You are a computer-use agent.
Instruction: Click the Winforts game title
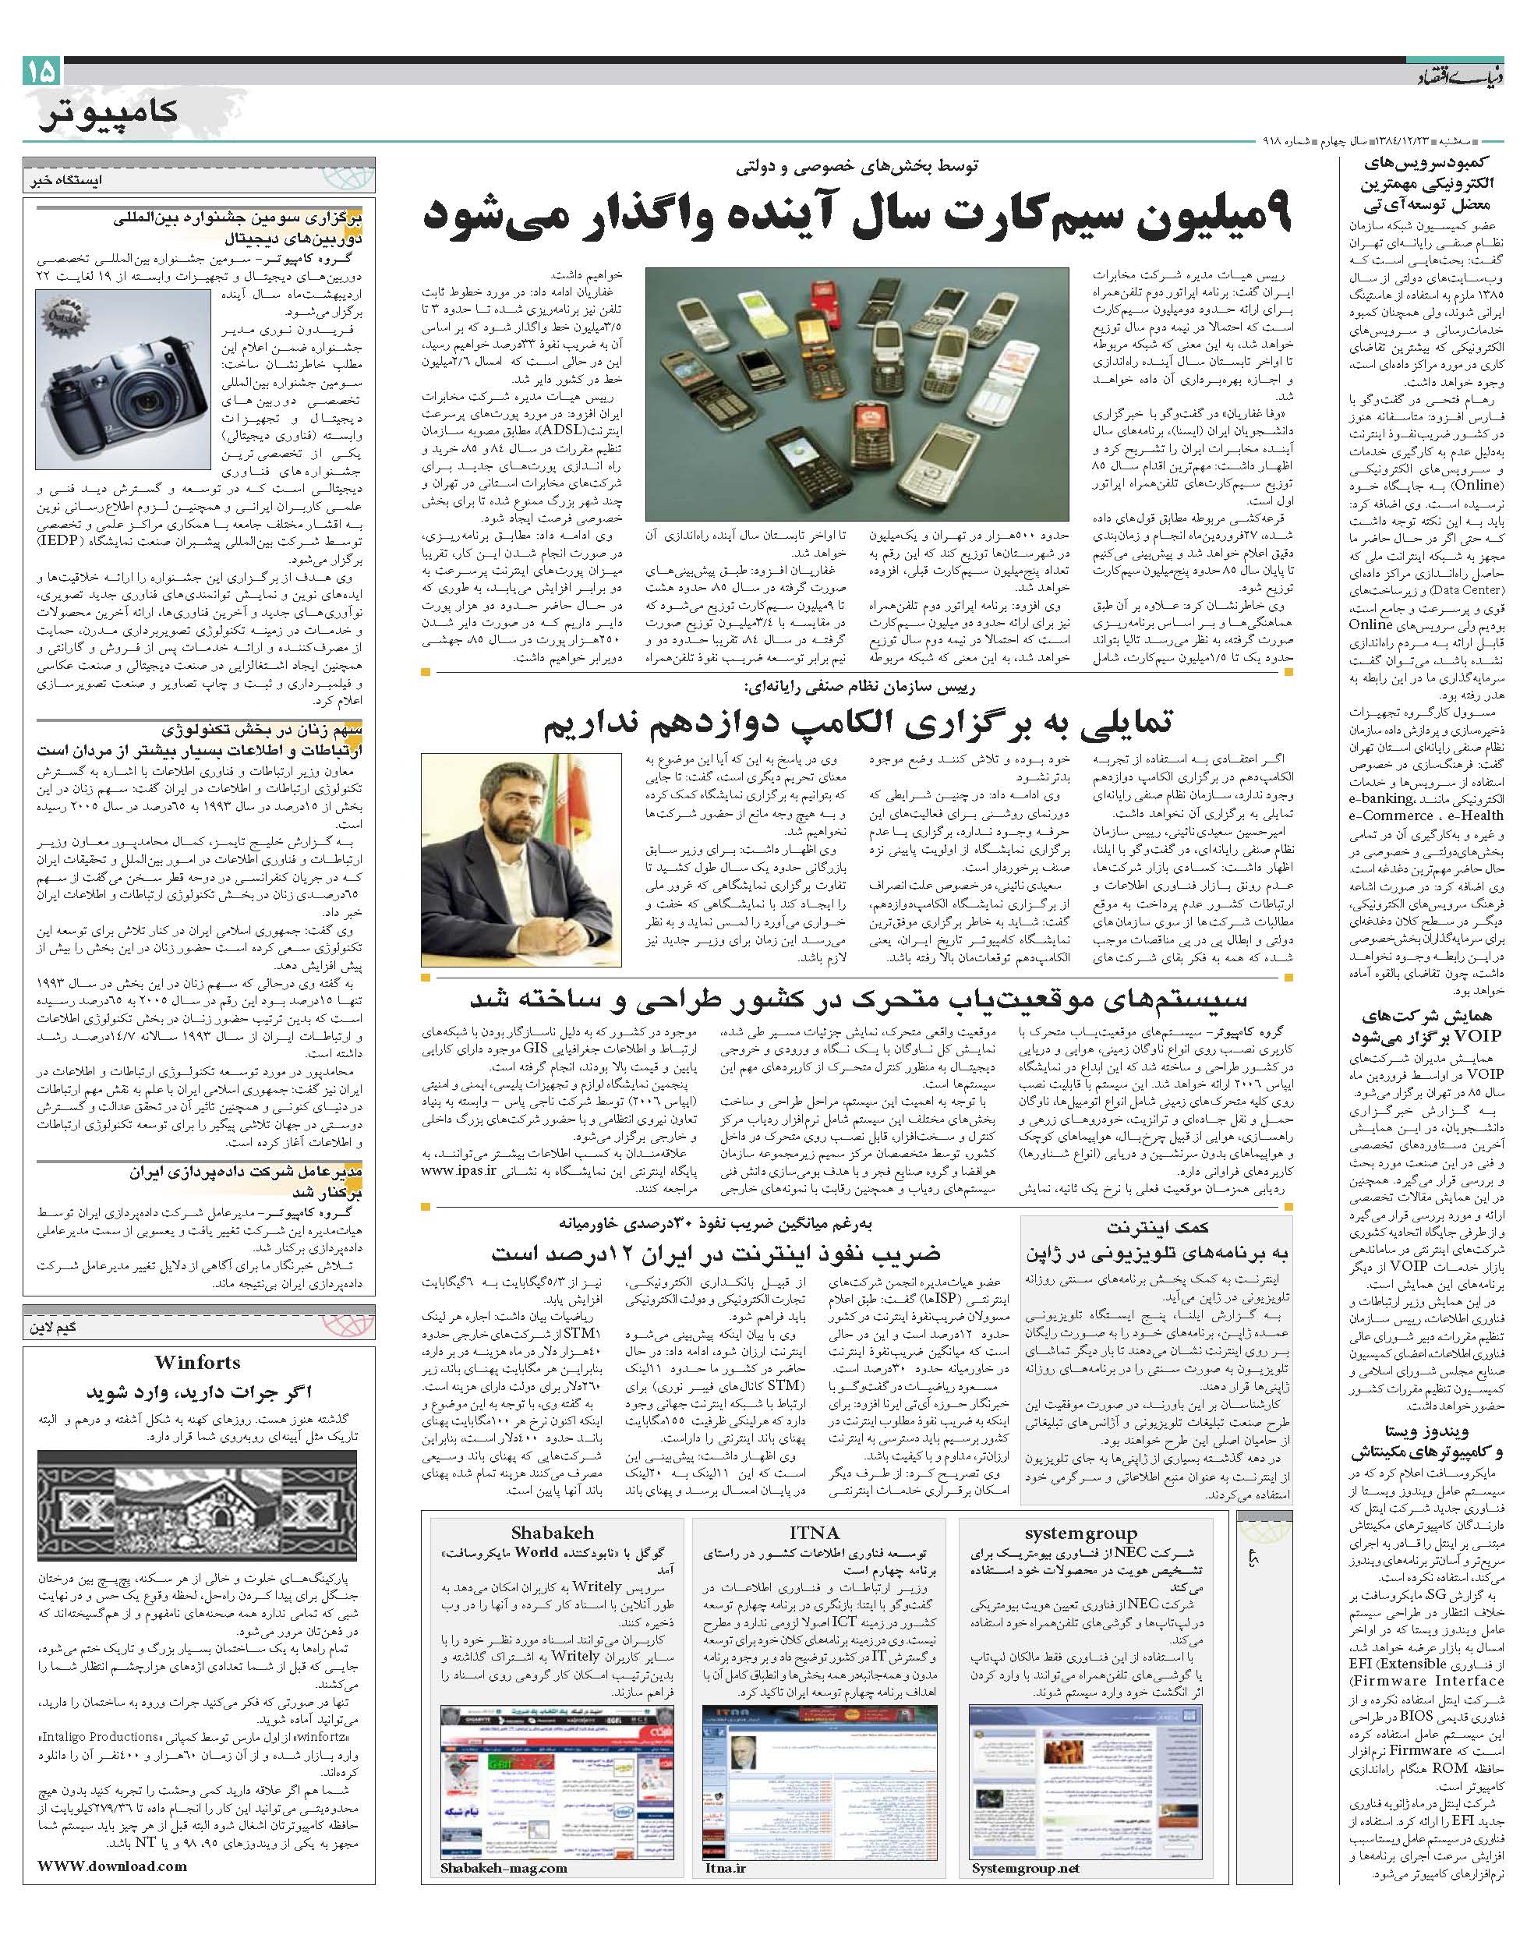pos(196,1363)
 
